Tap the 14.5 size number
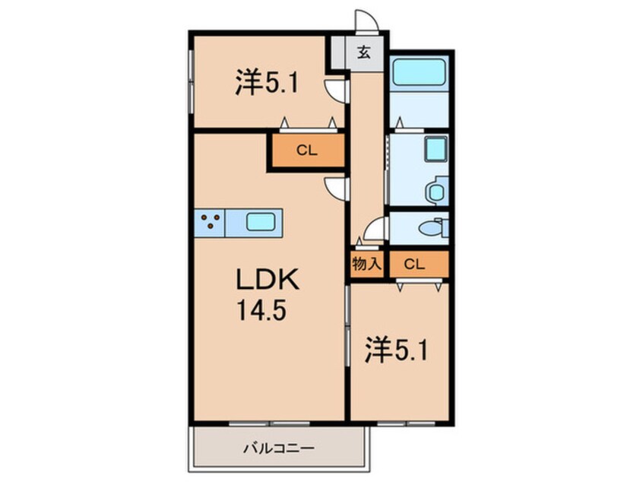(265, 311)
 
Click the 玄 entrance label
(364, 53)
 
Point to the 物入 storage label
(365, 265)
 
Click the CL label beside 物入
(414, 265)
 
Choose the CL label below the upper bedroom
(306, 151)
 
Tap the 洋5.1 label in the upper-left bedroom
(265, 82)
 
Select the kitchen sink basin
(261, 223)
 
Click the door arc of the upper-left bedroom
(335, 90)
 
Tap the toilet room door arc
(374, 229)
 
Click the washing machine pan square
(436, 149)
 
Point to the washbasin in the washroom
(435, 190)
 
